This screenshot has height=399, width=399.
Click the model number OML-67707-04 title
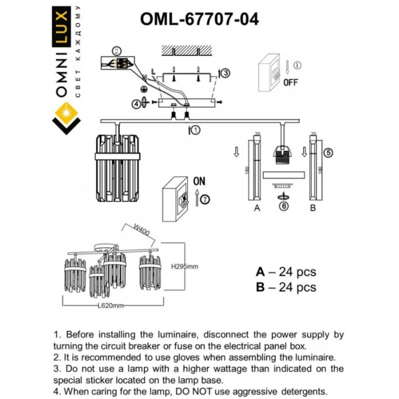point(199,19)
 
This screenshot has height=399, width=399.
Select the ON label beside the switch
point(199,181)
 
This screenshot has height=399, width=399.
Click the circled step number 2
point(116,50)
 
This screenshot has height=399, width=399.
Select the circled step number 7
point(205,198)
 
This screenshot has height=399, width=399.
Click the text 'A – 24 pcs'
point(286,272)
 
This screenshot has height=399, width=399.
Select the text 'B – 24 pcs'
point(286,288)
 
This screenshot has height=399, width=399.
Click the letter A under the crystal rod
point(257,209)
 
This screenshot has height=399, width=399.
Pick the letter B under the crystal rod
point(312,209)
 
